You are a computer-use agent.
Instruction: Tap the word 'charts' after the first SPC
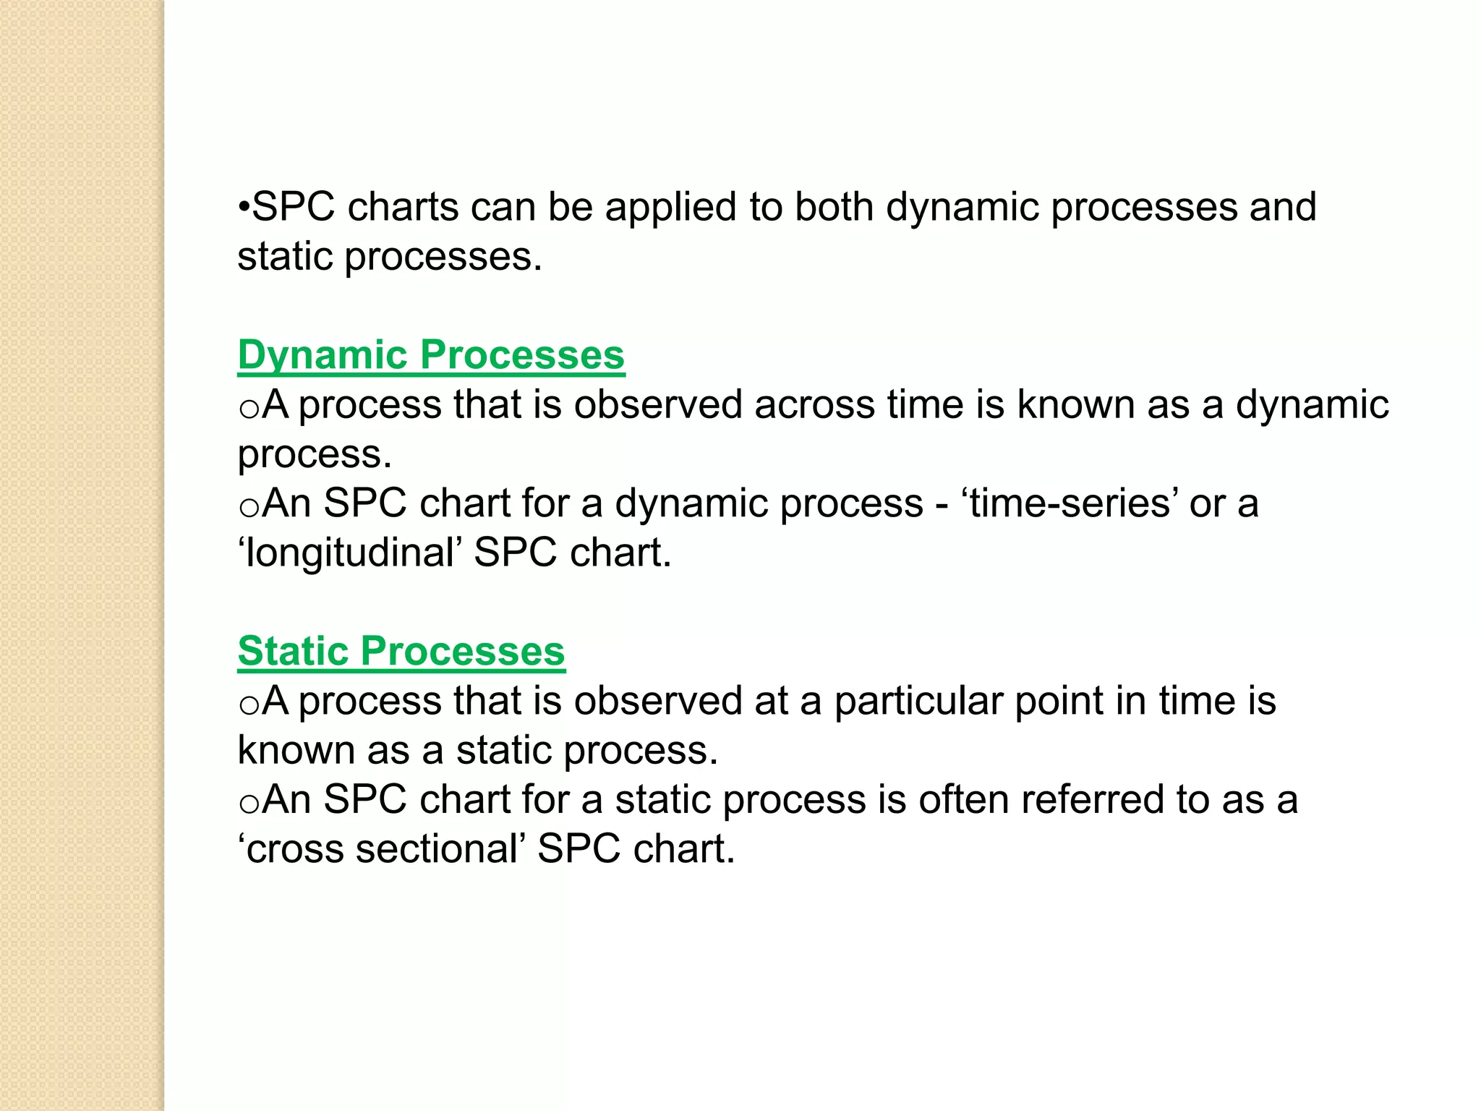403,208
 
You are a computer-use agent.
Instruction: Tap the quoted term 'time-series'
1071,503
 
